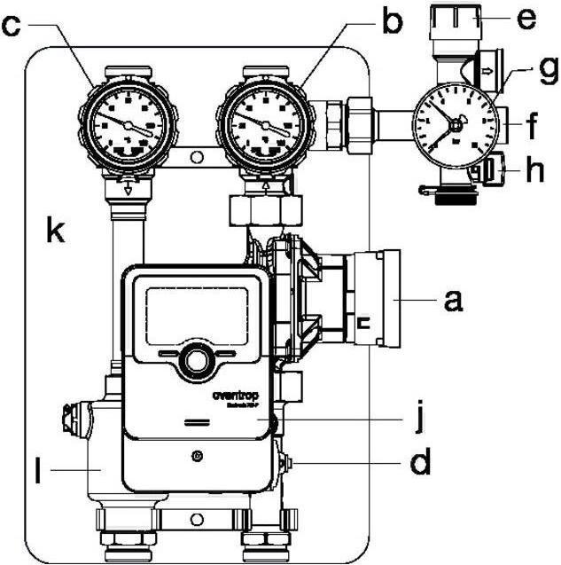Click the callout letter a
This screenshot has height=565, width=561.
(x=455, y=302)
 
